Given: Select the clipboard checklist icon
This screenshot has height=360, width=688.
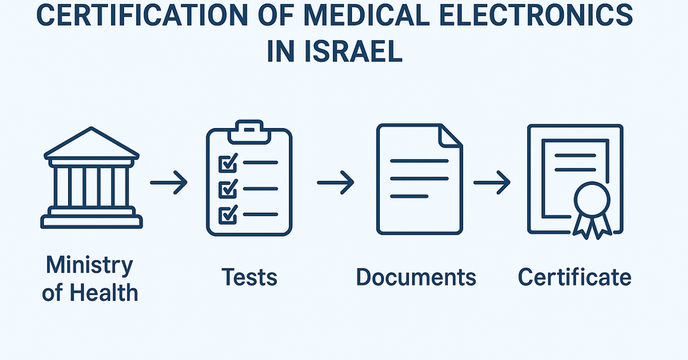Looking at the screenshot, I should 249,178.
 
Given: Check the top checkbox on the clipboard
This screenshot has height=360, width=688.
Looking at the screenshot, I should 229,162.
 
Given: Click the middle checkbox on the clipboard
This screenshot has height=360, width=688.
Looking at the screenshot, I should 229,189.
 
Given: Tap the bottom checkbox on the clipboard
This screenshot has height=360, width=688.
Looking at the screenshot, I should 229,214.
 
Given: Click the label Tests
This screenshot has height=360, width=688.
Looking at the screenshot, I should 249,278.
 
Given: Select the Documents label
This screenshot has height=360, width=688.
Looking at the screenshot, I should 416,278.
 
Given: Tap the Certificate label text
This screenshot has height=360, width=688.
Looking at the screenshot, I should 574,278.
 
